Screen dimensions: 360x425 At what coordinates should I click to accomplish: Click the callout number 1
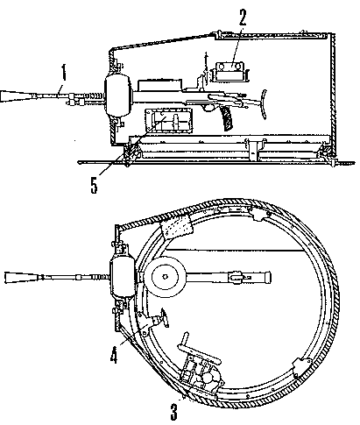[64, 72]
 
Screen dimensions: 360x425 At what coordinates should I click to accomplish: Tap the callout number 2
[242, 18]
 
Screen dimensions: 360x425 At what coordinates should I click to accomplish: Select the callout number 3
[174, 412]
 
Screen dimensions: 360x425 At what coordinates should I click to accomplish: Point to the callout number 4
[114, 355]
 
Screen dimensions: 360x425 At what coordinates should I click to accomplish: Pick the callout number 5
[94, 185]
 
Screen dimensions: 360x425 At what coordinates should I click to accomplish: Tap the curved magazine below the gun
[227, 118]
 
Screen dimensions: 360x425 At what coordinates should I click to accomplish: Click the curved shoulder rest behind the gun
[264, 104]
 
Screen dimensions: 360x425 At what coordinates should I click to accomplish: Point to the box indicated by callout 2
[229, 72]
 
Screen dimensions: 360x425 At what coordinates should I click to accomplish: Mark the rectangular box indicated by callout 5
[168, 120]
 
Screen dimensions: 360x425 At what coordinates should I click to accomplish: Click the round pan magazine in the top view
[165, 277]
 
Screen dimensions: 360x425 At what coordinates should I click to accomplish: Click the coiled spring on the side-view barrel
[95, 96]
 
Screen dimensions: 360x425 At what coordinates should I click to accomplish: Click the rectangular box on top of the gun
[159, 85]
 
